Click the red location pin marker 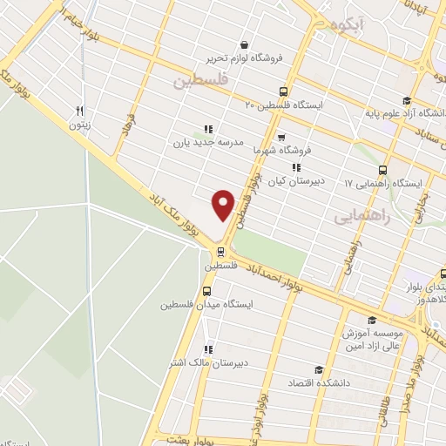click(224, 206)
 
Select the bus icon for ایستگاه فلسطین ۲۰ click(283, 91)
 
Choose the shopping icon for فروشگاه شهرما click(280, 137)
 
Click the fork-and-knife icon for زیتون click(80, 111)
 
